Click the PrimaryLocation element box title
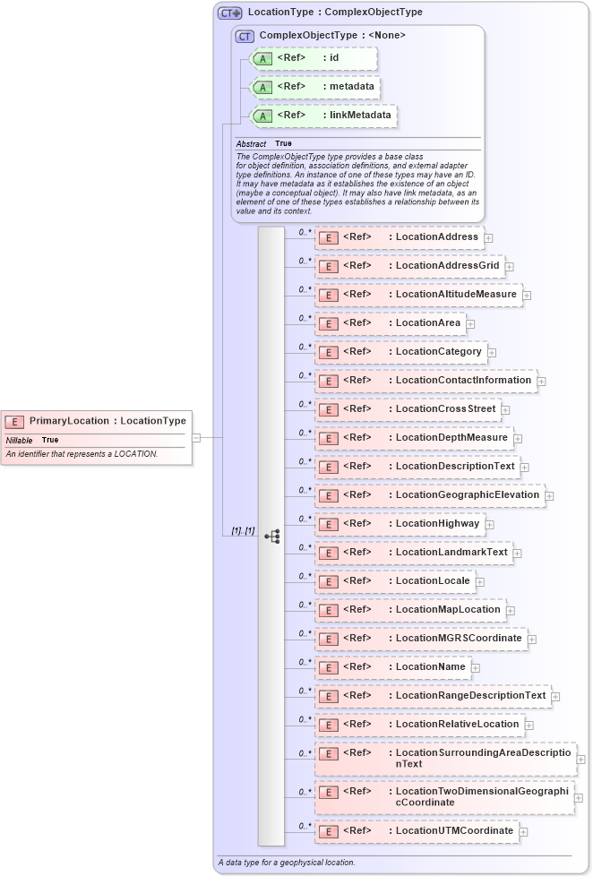tap(107, 421)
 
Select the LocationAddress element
tap(399, 237)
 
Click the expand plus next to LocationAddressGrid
tap(509, 266)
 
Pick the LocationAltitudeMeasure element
tap(418, 295)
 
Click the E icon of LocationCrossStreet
tap(329, 409)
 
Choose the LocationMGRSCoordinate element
tap(420, 639)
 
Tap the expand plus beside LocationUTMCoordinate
tap(523, 832)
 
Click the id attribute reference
tap(314, 59)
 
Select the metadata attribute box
tap(314, 87)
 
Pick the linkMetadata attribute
tap(322, 116)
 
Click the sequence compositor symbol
tap(271, 537)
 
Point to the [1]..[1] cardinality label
tap(243, 531)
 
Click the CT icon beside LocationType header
tap(230, 13)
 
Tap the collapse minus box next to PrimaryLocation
tap(196, 438)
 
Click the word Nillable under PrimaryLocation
tap(20, 441)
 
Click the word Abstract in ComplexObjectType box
tap(251, 144)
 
